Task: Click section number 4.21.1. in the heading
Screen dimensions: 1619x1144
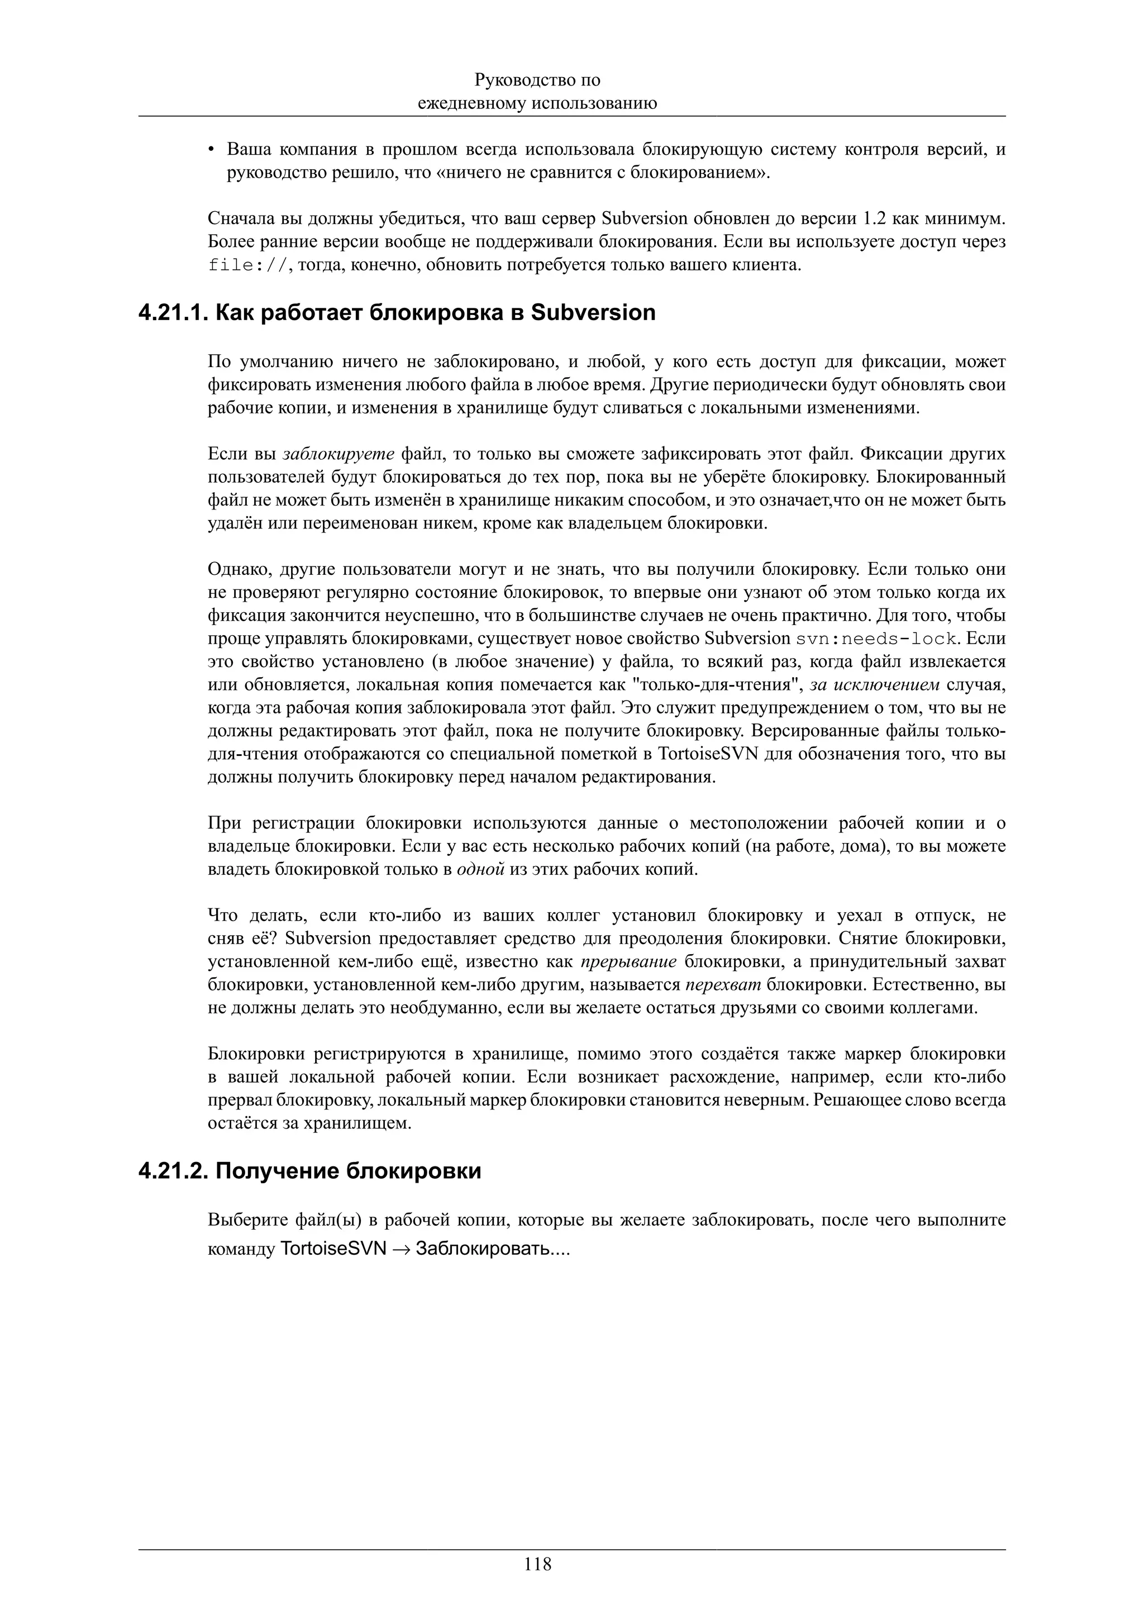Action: (173, 312)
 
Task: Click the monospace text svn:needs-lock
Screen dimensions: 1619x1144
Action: (876, 640)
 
